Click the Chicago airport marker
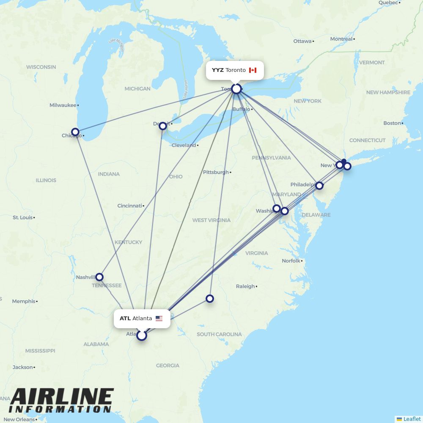tap(75, 132)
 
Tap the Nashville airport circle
tap(99, 277)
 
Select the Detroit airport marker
tap(163, 126)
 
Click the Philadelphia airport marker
tap(319, 186)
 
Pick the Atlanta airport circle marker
tap(142, 335)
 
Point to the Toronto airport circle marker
tap(236, 89)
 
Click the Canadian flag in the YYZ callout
tap(253, 70)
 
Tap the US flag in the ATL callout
tap(159, 319)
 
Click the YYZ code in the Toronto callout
tap(218, 70)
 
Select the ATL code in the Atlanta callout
tap(125, 319)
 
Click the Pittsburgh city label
tap(216, 173)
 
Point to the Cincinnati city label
tap(130, 206)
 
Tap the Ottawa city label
tap(302, 41)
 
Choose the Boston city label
tap(392, 123)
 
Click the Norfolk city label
tap(291, 261)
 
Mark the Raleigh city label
tap(245, 286)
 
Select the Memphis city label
tap(24, 302)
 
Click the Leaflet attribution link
tap(412, 419)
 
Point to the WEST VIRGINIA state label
tap(211, 220)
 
